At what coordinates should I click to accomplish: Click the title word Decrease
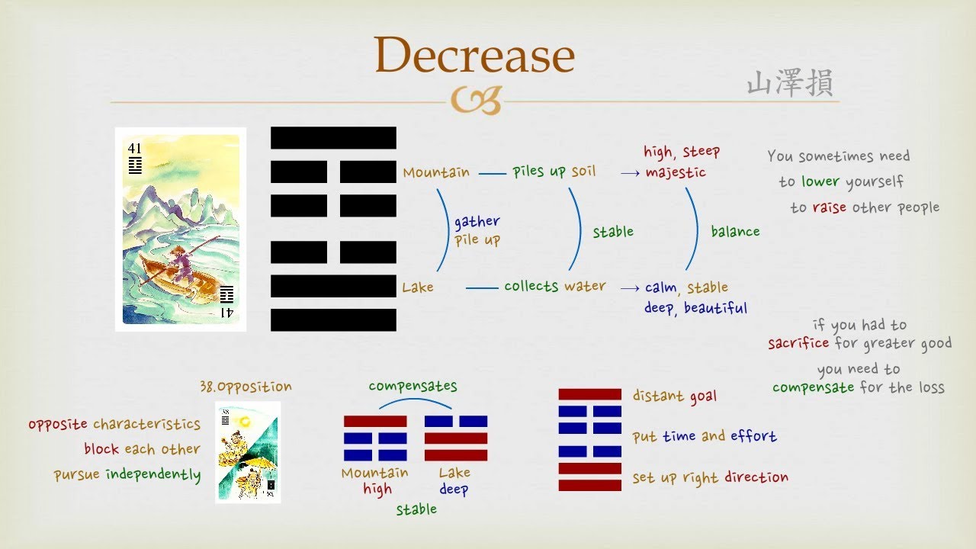click(474, 56)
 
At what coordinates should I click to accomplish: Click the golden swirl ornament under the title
click(475, 100)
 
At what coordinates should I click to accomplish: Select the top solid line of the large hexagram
click(333, 138)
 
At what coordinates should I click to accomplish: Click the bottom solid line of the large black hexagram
click(333, 319)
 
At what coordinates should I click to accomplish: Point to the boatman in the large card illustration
click(181, 258)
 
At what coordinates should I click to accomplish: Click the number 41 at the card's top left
click(135, 148)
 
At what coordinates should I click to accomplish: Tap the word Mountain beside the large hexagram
click(436, 172)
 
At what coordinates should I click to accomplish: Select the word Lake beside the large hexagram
click(418, 287)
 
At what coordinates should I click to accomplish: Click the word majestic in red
click(676, 172)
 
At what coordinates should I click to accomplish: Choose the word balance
click(735, 231)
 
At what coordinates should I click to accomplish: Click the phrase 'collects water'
click(554, 286)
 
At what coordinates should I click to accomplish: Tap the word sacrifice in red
click(798, 343)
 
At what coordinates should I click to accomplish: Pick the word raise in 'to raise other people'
click(829, 207)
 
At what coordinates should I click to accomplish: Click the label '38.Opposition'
click(246, 387)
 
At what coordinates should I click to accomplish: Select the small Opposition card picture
click(248, 451)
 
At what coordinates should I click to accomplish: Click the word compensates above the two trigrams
click(413, 386)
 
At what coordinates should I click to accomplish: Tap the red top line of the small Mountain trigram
click(375, 421)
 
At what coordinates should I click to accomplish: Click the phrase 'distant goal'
click(674, 396)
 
